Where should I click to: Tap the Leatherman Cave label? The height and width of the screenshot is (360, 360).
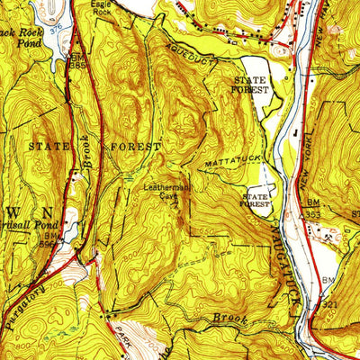(163, 192)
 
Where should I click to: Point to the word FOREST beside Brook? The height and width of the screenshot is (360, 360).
(134, 145)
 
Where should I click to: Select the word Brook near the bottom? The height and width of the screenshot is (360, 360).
(229, 318)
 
